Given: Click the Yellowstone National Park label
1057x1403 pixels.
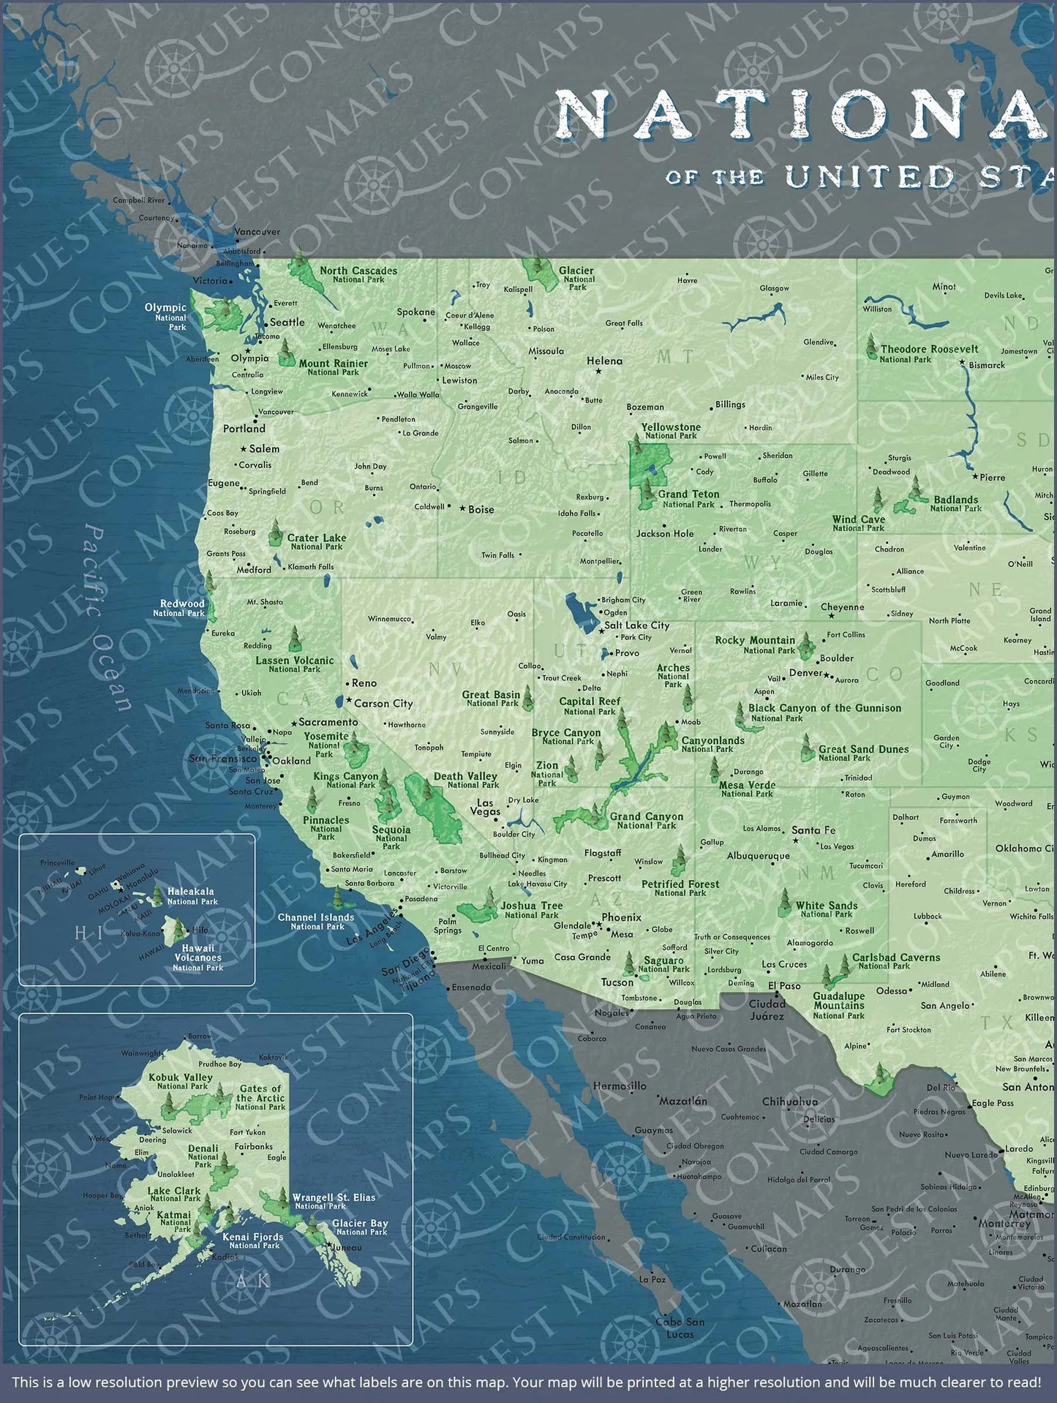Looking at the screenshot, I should (671, 431).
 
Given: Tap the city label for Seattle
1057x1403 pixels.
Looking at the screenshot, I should (287, 322).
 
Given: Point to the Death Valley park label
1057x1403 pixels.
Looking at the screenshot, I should (465, 780).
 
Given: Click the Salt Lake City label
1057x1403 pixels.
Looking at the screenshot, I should (636, 625).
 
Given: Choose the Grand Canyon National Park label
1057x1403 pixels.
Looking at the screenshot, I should (647, 820).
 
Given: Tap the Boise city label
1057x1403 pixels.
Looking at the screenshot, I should (481, 509).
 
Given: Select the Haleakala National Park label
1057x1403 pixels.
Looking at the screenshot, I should (191, 896).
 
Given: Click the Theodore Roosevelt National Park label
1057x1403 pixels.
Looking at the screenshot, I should (929, 353).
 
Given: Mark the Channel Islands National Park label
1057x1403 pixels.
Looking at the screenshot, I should (316, 921).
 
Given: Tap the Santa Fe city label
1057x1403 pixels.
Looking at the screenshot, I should (813, 830).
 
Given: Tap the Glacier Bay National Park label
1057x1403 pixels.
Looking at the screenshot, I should (360, 1227).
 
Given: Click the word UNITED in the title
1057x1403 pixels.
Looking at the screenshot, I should (870, 176).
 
